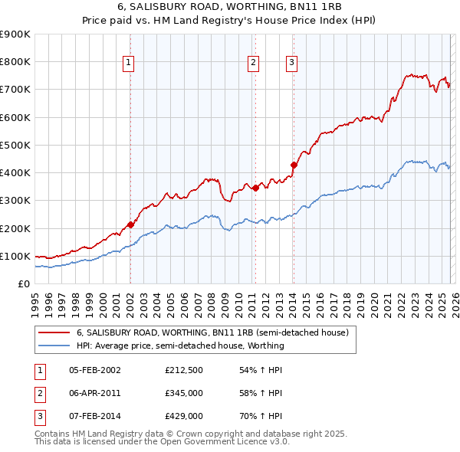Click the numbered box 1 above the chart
tap(129, 64)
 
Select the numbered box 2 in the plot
tap(254, 64)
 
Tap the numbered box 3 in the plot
tap(292, 64)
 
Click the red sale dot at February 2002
tap(130, 224)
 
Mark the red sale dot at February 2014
tap(294, 165)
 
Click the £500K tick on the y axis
tap(15, 145)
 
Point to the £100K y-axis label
tap(15, 256)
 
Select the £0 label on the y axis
tap(23, 283)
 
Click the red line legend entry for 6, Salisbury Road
tap(212, 332)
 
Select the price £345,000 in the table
tap(183, 393)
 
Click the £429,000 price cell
tap(183, 416)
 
